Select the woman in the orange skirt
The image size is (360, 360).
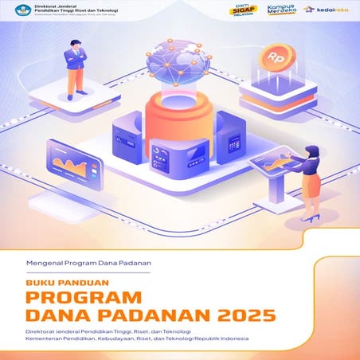coord(312,178)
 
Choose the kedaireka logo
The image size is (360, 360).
coord(327,10)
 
